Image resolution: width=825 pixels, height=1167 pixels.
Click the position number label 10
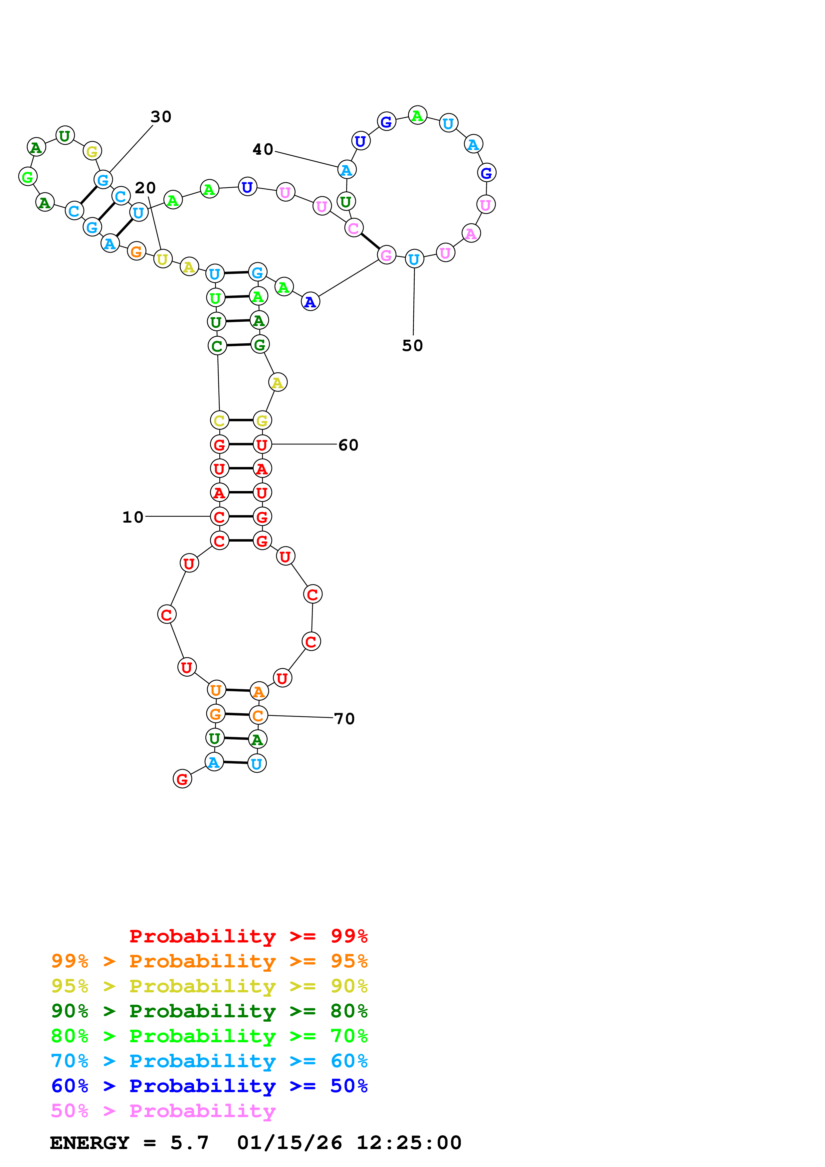[x=133, y=517]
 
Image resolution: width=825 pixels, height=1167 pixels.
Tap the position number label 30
[x=161, y=117]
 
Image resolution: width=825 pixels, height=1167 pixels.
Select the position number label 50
[x=412, y=346]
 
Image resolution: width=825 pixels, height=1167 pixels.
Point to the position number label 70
[x=344, y=719]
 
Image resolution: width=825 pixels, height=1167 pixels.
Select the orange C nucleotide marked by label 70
[x=258, y=715]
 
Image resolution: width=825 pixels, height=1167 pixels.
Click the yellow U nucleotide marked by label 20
[x=162, y=259]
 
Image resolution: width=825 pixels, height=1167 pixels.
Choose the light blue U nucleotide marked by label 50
[x=414, y=259]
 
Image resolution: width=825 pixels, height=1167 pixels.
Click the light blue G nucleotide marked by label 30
[x=103, y=179]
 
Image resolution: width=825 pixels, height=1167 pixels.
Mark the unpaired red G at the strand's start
[x=182, y=779]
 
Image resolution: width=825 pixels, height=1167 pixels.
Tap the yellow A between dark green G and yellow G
[x=278, y=382]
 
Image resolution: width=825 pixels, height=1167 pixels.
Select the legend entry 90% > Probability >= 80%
[x=209, y=1011]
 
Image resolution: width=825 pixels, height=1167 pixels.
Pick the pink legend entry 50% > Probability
[x=163, y=1110]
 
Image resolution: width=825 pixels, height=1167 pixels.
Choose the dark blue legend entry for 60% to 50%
[x=209, y=1086]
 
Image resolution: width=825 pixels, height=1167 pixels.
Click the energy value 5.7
[x=189, y=1143]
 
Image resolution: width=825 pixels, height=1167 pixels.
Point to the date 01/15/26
[x=289, y=1143]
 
